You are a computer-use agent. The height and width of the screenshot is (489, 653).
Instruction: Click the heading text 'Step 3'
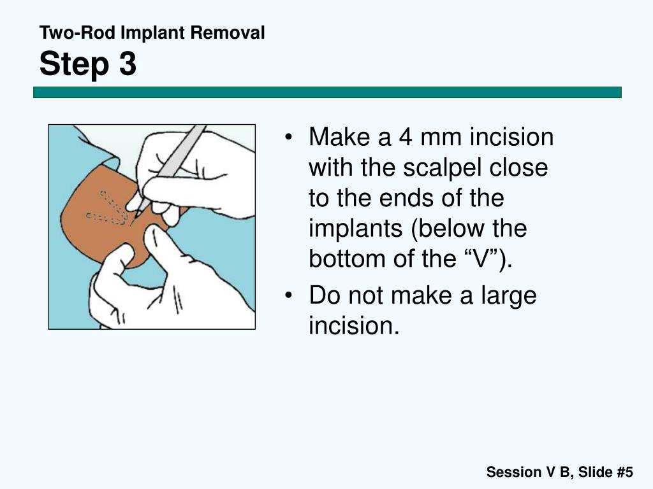coord(88,64)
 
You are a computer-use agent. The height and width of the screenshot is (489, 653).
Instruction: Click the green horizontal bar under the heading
coord(327,92)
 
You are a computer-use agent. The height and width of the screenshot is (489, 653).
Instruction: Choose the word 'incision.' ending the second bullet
coord(354,326)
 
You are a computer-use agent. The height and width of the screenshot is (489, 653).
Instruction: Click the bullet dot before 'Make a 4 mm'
coord(290,138)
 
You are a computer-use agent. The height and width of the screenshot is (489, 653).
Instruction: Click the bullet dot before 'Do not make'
coord(290,297)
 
